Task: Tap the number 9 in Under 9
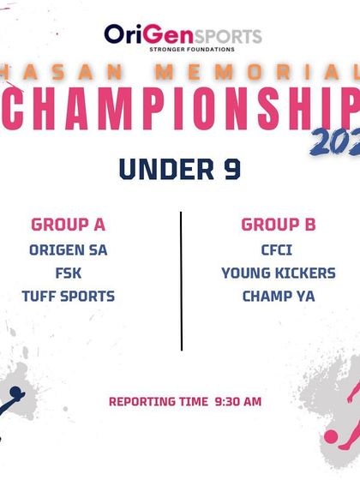[x=231, y=169]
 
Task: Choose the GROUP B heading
[x=279, y=225]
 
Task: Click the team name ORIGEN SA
[x=69, y=251]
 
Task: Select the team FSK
[x=69, y=274]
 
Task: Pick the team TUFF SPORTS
[x=69, y=297]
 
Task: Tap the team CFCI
[x=279, y=251]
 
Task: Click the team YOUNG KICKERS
[x=279, y=274]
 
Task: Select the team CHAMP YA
[x=279, y=297]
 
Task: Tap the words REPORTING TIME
[x=159, y=401]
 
